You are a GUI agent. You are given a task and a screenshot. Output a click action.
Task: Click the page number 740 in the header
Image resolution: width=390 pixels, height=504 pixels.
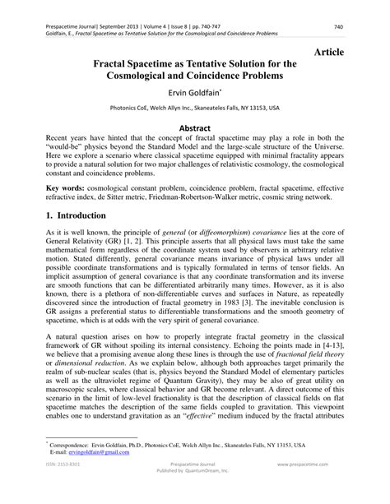[360, 26]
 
